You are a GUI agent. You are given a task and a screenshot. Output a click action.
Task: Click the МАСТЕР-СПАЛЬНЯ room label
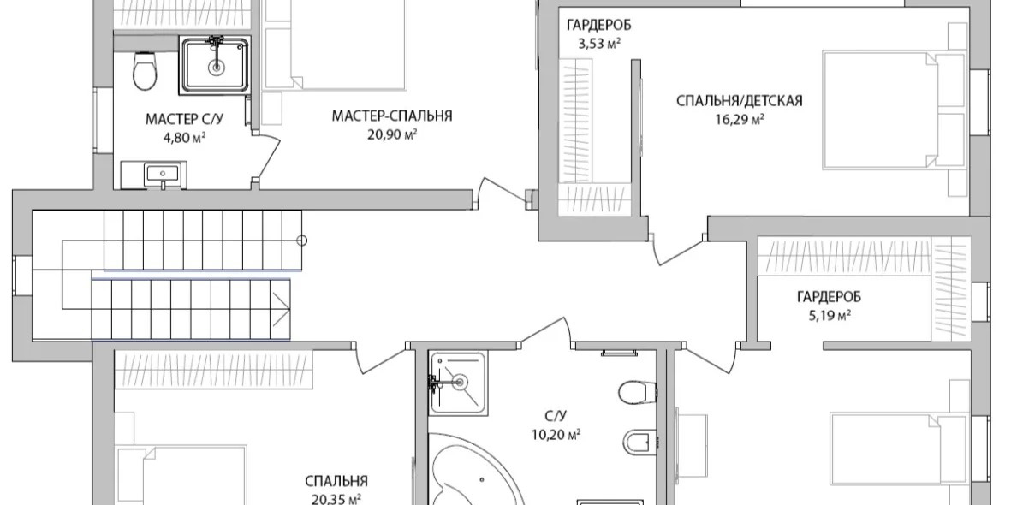coord(392,116)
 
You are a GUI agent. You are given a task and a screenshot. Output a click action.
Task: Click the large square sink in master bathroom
coord(216,64)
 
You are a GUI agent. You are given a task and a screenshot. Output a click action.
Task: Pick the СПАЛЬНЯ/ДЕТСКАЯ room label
coord(740,101)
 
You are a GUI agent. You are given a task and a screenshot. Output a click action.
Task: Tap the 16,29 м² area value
coord(740,119)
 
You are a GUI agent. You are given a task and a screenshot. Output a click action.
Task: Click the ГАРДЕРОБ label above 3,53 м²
coord(599,26)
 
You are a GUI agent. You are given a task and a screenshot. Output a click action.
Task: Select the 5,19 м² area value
coord(829,315)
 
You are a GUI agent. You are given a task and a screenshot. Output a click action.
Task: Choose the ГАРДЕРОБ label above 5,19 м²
coord(829,297)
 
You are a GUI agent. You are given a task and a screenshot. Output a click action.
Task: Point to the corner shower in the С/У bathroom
coord(459,383)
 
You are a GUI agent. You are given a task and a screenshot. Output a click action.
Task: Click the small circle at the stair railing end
coord(301,241)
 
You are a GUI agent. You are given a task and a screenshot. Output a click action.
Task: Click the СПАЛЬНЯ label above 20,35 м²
coord(336,482)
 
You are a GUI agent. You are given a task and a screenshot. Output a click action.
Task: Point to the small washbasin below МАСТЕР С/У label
coord(164,173)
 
